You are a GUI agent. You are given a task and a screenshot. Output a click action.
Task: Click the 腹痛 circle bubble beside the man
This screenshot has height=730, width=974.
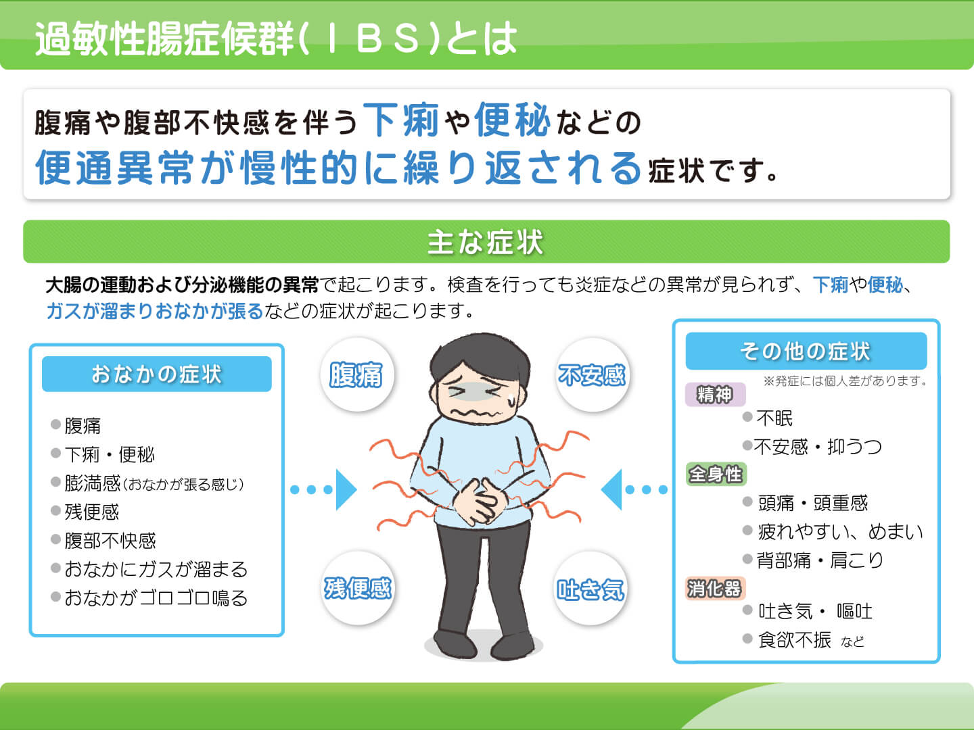[x=356, y=374]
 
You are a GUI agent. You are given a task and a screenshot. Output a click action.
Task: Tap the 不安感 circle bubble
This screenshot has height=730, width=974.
[x=592, y=374]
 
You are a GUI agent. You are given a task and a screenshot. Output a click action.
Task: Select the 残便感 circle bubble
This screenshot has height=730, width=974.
[x=358, y=588]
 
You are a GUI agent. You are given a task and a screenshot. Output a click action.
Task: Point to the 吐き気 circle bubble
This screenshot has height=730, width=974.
[x=590, y=588]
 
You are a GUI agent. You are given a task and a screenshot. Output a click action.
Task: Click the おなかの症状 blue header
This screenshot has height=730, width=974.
[x=157, y=374]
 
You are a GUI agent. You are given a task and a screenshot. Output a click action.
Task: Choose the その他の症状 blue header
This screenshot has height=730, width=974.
[x=806, y=351]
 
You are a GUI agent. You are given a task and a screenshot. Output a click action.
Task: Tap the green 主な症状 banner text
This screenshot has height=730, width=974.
[x=486, y=242]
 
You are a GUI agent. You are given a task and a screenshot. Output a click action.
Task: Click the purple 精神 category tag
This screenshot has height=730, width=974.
[x=715, y=394]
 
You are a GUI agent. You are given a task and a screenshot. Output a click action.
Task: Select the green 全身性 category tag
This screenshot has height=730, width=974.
[x=716, y=474]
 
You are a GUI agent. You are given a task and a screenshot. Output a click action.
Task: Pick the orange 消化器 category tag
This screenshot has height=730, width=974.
[x=715, y=589]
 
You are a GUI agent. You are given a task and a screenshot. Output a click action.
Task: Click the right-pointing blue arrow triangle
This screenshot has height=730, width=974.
[x=346, y=489]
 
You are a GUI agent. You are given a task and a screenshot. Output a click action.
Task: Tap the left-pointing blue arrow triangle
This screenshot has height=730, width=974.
[x=611, y=489]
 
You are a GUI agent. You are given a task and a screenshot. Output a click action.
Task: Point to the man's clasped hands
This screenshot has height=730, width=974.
[x=480, y=502]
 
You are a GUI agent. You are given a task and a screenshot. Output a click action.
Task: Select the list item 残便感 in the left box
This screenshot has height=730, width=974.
[x=92, y=512]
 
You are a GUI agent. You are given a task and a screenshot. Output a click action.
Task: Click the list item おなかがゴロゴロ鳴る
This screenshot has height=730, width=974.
[x=156, y=598]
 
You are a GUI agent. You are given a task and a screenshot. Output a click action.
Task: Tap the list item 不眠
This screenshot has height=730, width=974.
[x=774, y=418]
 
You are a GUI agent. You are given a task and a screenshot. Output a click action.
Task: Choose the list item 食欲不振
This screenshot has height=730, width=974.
[x=794, y=640]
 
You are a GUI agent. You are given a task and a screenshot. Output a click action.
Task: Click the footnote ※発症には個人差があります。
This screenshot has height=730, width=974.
[x=845, y=381]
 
